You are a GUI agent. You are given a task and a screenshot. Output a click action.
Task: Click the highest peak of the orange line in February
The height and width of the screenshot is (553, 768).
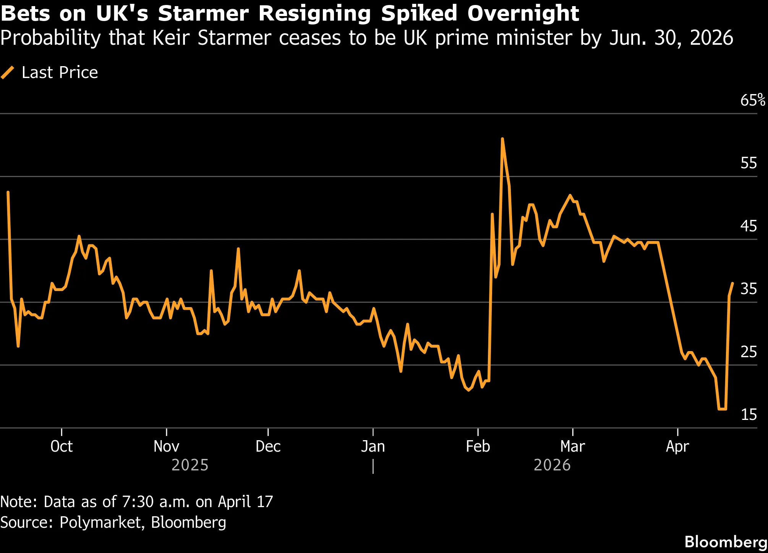[x=502, y=139]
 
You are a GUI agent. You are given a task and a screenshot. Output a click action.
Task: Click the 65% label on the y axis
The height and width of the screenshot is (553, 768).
[x=752, y=100]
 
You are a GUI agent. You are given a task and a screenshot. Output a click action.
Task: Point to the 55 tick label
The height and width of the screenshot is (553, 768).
[x=748, y=163]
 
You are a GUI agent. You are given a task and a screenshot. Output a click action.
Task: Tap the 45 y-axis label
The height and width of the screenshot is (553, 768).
[x=748, y=226]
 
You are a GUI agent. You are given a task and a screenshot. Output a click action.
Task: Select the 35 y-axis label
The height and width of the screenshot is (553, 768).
[x=748, y=289]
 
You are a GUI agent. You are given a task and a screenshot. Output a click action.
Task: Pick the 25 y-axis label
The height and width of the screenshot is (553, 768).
[x=748, y=352]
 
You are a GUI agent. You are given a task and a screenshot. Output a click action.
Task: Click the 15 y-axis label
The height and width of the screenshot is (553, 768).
[x=748, y=415]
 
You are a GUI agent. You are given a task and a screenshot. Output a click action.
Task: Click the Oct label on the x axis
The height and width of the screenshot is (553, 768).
[x=62, y=446]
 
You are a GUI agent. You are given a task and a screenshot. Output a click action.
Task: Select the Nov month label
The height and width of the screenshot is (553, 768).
[x=166, y=446]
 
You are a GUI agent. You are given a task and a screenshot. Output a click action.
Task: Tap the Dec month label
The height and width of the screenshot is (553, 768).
[x=268, y=446]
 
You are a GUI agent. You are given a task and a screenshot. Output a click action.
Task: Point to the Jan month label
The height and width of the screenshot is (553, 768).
[x=373, y=446]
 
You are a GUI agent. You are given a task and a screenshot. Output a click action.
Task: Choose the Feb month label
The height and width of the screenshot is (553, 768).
[x=478, y=446]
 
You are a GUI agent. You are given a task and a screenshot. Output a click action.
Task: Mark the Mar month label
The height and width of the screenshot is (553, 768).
[x=572, y=446]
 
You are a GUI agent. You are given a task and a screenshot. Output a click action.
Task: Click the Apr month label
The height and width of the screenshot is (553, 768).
[x=677, y=446]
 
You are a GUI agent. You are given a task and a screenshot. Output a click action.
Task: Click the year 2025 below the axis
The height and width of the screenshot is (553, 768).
[x=190, y=465]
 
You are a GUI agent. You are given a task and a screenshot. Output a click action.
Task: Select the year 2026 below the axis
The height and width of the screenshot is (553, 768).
[x=552, y=465]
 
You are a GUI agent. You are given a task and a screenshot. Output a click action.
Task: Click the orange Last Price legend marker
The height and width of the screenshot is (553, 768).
[x=8, y=72]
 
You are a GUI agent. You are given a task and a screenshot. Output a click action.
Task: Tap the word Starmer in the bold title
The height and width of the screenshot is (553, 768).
[x=203, y=14]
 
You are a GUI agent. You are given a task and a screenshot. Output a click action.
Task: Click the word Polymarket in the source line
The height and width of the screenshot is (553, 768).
[x=102, y=522]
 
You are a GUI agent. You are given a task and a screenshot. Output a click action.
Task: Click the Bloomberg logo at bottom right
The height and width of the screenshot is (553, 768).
[x=726, y=542]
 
